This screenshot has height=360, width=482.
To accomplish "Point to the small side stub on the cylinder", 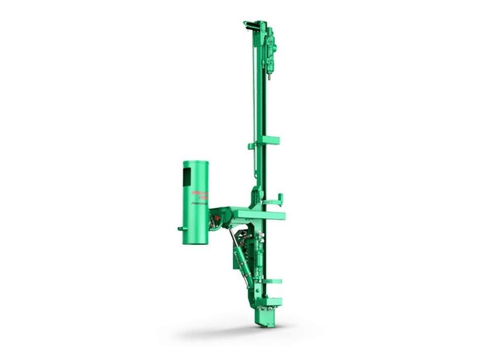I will coord(180,229).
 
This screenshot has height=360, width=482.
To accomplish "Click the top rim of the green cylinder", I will coord(195,162).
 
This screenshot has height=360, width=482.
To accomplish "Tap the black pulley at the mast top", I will coord(248,24).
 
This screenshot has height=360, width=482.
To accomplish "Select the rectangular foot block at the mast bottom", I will coord(268,316).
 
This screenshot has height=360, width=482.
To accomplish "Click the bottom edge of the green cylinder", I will coord(195,243).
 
